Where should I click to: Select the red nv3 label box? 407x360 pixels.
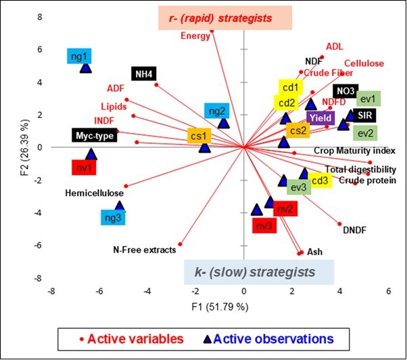[264, 226]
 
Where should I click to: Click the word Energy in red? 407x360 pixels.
[195, 36]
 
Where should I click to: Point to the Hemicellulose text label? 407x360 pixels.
[95, 192]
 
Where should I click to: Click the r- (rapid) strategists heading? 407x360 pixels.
[224, 18]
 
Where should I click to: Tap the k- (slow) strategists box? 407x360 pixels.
[259, 272]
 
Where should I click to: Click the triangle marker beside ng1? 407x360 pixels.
[85, 67]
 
